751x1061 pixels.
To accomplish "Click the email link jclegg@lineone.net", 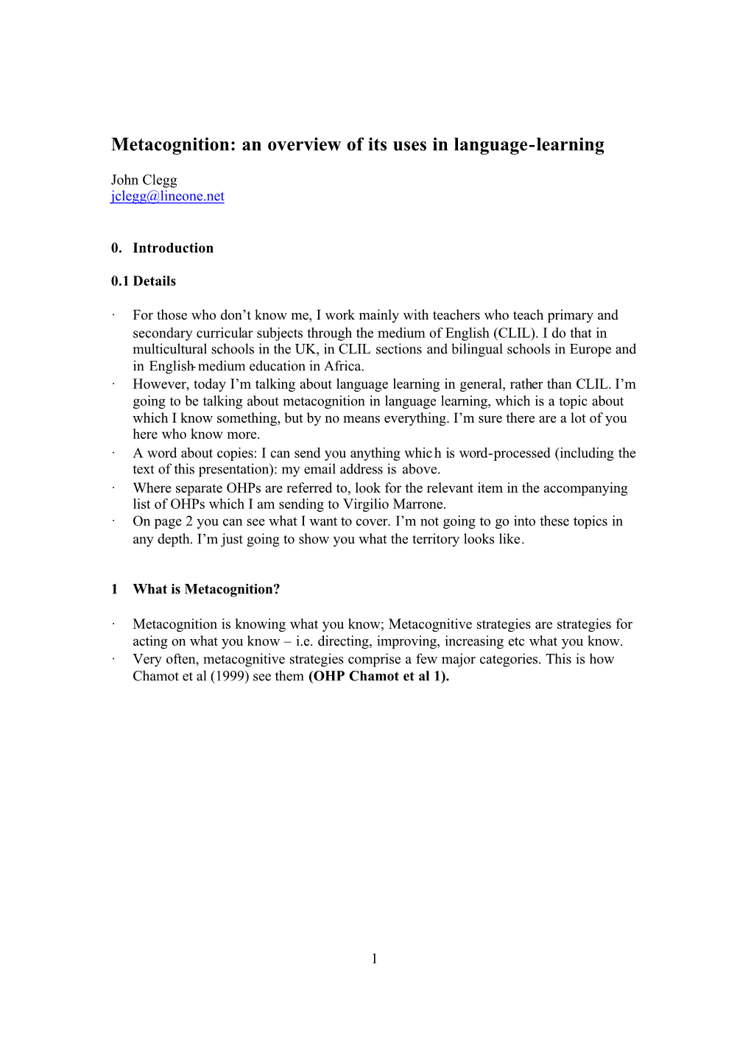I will [x=167, y=197].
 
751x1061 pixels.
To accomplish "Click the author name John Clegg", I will [x=144, y=180].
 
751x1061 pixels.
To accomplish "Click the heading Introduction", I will [x=173, y=248].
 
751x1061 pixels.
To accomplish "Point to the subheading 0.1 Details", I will [x=144, y=281].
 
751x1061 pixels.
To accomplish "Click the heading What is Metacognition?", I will [x=206, y=589].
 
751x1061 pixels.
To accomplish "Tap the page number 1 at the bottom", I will [x=374, y=959].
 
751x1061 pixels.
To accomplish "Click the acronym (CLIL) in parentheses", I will [x=515, y=333].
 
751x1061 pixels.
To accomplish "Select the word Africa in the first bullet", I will [x=344, y=367].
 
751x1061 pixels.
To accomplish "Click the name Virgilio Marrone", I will [x=394, y=504].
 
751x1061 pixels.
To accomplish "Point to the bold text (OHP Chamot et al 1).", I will [x=378, y=677].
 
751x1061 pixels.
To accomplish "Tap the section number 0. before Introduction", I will [x=116, y=248].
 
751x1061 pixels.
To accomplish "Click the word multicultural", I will [x=169, y=350].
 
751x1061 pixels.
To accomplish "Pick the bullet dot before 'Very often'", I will [x=114, y=659].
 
